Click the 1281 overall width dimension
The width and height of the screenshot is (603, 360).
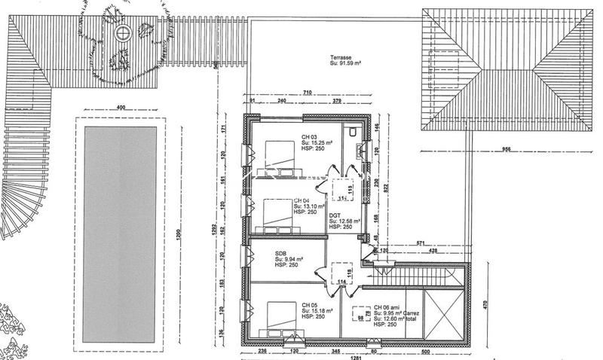point(357,357)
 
